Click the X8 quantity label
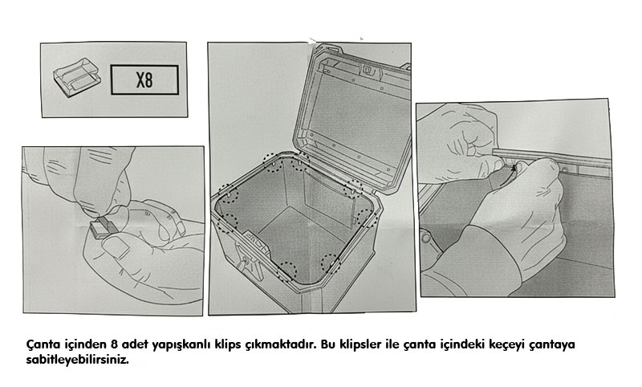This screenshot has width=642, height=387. (x=144, y=79)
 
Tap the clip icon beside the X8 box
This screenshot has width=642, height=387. (x=76, y=76)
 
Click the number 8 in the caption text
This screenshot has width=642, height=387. (x=114, y=344)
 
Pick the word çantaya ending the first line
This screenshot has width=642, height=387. (x=552, y=345)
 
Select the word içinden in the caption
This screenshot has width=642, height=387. (x=86, y=344)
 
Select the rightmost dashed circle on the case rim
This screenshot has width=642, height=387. (x=367, y=218)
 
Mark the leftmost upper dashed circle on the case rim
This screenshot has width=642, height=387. (x=228, y=193)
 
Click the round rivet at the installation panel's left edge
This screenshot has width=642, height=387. (x=426, y=238)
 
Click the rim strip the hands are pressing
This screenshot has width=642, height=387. (x=551, y=157)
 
